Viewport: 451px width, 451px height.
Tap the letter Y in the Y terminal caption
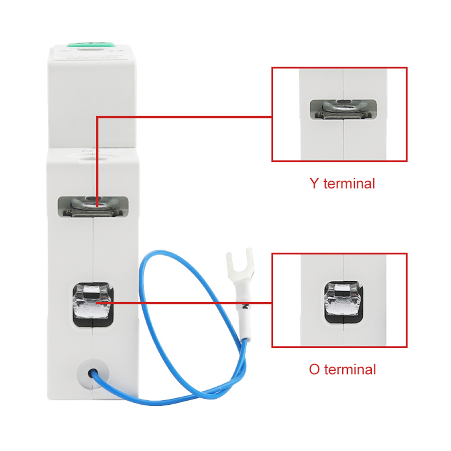click(x=314, y=183)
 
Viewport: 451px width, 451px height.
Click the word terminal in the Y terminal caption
click(x=349, y=183)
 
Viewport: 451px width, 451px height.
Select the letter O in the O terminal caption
click(x=314, y=369)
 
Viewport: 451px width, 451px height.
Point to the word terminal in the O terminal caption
click(x=350, y=369)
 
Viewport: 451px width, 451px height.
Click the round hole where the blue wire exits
click(x=92, y=373)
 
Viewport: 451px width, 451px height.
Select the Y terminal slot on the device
click(x=93, y=207)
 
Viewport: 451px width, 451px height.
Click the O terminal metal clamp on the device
click(x=93, y=304)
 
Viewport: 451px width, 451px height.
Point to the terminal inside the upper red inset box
click(x=343, y=109)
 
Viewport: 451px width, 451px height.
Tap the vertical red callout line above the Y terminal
click(x=97, y=161)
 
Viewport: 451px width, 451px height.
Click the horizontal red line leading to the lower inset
click(x=184, y=303)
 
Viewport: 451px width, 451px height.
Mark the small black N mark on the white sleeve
click(x=245, y=306)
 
